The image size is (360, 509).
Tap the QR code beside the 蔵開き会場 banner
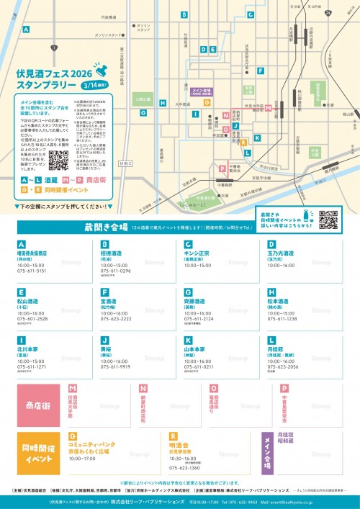click(327, 220)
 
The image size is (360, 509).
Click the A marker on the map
click(26, 30)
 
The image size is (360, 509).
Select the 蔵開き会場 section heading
click(105, 228)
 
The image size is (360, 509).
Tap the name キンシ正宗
click(198, 254)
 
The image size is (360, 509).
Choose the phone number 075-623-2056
click(283, 366)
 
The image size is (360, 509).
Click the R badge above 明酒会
click(173, 436)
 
